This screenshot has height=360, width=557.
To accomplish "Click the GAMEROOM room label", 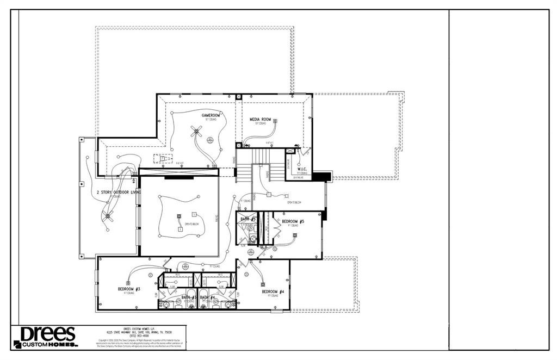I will [211, 115].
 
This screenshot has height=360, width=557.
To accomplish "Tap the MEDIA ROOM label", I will [260, 119].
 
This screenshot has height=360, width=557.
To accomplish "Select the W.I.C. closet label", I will [303, 169].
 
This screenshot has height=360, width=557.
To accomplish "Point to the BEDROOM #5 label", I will [293, 221].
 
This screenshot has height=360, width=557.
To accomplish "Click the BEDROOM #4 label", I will [273, 291].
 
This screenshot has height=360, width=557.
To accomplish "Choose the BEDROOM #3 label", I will [129, 289].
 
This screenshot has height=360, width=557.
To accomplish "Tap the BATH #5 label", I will [248, 219].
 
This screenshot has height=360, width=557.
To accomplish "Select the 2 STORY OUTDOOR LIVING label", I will [119, 193].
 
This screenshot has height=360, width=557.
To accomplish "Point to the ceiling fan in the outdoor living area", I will [108, 217].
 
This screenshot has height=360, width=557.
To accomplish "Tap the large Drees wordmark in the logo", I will [48, 334].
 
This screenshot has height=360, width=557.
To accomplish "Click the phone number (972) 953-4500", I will [139, 336].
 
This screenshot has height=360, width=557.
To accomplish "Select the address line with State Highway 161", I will [139, 332].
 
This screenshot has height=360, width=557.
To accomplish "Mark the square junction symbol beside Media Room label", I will [275, 121].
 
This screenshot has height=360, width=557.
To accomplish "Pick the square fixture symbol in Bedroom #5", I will [295, 235].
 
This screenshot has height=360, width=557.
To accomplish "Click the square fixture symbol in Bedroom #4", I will [263, 283].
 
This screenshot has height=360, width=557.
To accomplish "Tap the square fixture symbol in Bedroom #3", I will [128, 283].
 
